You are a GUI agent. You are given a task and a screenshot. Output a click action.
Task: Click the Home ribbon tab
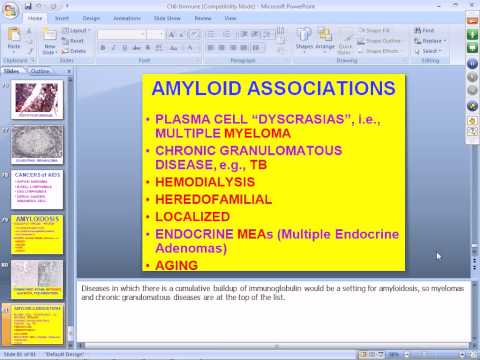point(36,17)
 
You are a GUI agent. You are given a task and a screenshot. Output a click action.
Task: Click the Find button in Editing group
point(454,30)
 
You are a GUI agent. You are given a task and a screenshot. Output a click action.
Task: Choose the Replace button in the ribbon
point(457,40)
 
